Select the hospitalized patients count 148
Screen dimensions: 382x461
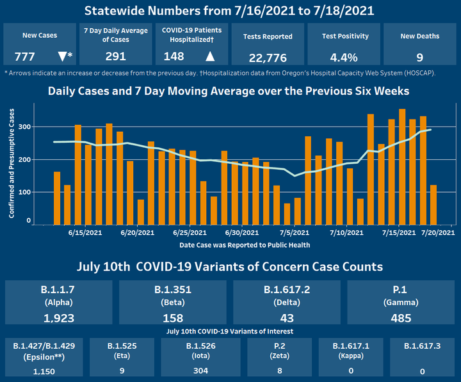click(174, 56)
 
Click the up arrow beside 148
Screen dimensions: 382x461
click(210, 56)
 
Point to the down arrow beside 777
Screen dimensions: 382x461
click(62, 56)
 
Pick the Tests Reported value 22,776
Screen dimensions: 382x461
click(270, 58)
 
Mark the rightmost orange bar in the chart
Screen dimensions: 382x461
click(433, 205)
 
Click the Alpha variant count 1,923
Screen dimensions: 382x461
click(60, 317)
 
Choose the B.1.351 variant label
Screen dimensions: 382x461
click(173, 289)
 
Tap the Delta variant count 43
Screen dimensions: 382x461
click(287, 317)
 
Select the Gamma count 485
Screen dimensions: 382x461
click(401, 317)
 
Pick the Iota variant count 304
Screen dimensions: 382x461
click(200, 370)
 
